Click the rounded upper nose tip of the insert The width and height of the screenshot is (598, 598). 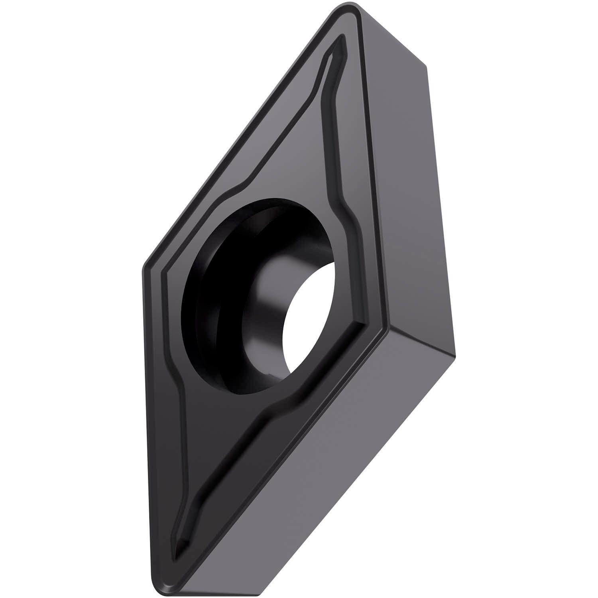click(351, 8)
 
